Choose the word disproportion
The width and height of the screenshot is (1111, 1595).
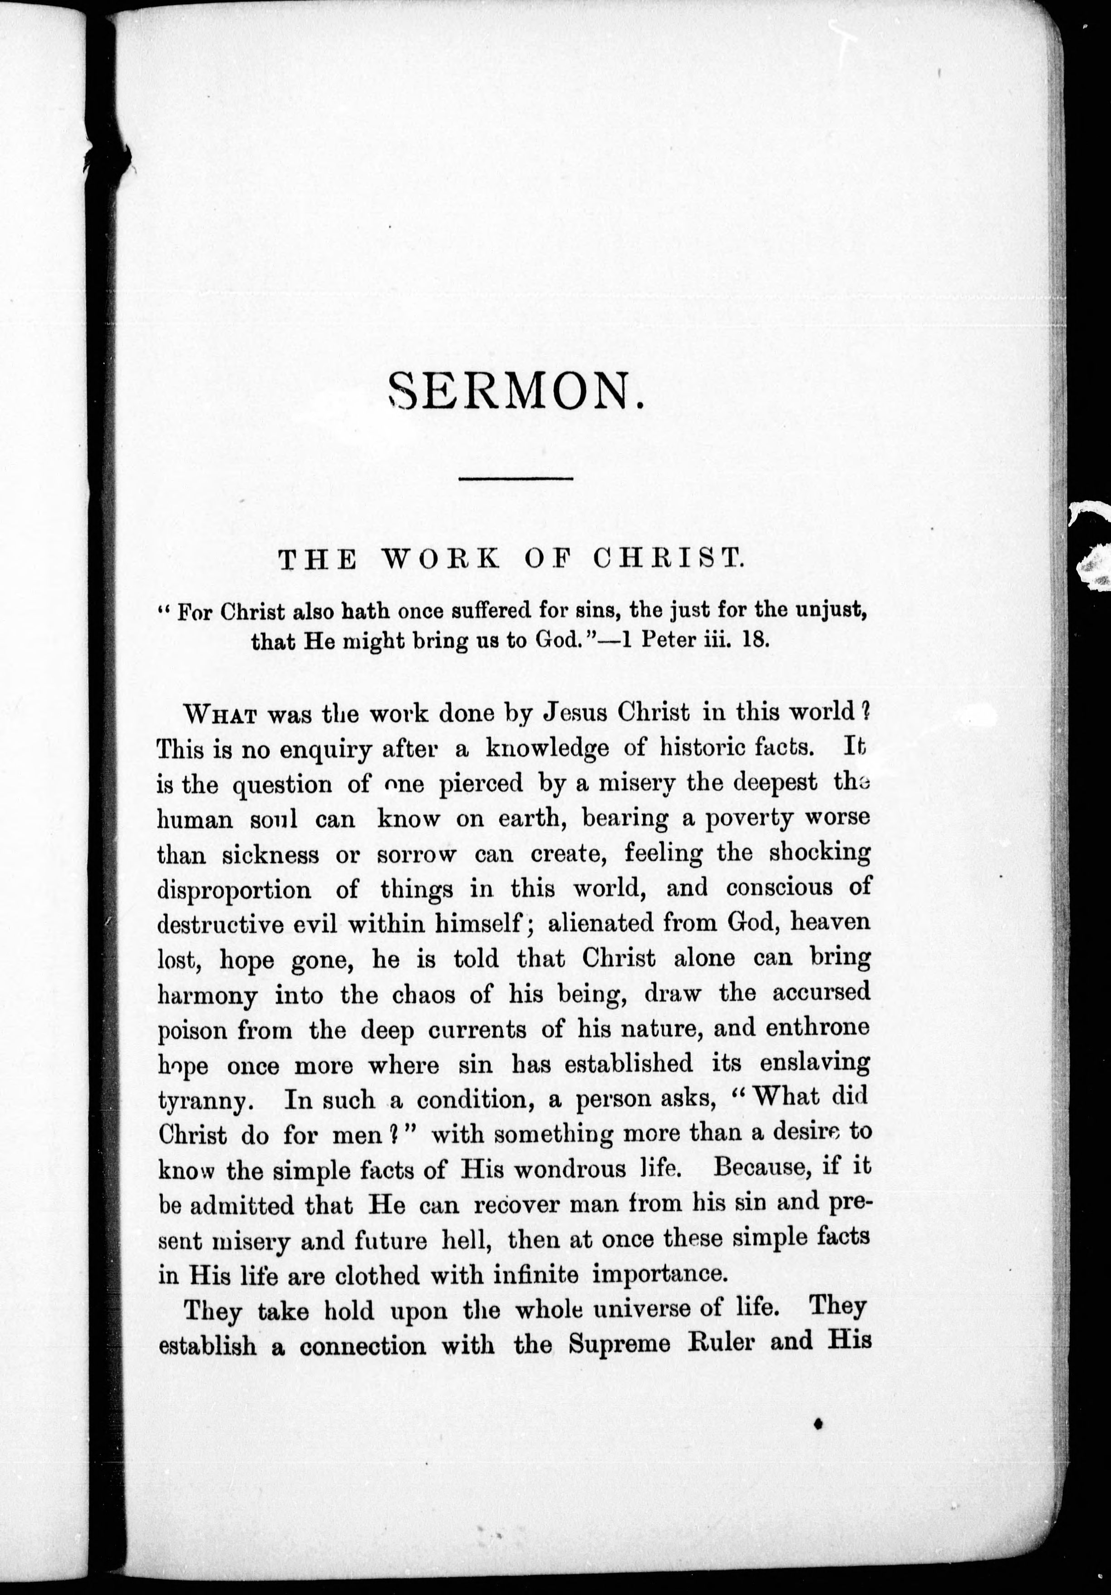pyautogui.click(x=235, y=890)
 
